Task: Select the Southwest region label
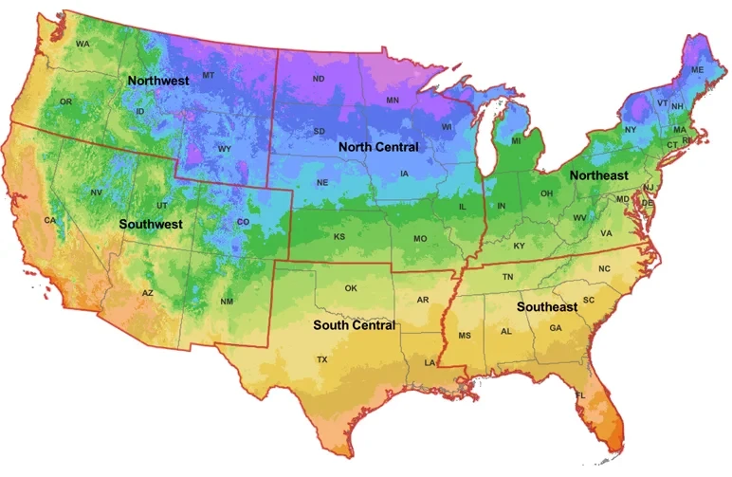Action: click(x=151, y=225)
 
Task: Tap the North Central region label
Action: click(x=379, y=148)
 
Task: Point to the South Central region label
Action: click(x=354, y=325)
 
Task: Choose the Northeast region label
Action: click(x=598, y=176)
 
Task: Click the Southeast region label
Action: click(x=547, y=307)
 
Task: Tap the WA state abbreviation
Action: click(x=82, y=44)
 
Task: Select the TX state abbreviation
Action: click(x=322, y=359)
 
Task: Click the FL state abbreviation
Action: click(x=580, y=394)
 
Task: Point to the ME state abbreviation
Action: click(x=697, y=70)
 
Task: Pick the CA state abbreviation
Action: click(x=49, y=220)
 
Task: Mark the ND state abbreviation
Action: click(x=318, y=79)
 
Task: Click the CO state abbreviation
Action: click(x=242, y=222)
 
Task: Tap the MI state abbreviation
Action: click(x=517, y=140)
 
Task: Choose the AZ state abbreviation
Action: click(x=147, y=293)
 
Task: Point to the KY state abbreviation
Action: click(x=519, y=247)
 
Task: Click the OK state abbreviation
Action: click(x=351, y=288)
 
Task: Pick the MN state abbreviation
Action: click(x=393, y=100)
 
